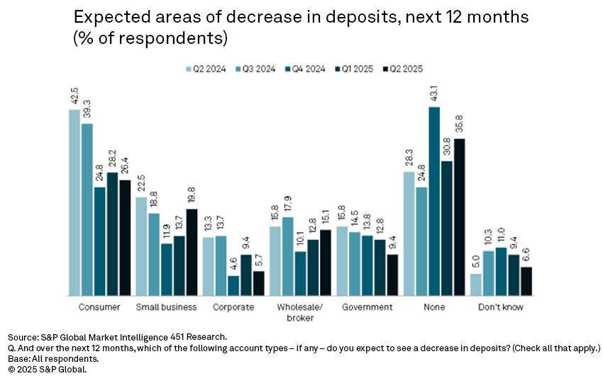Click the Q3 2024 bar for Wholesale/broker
coord(287,256)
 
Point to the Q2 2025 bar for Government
coord(392,275)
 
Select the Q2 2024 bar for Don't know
coord(476,285)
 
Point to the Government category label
coord(367,307)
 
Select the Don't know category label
coord(501,307)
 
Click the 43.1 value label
coord(435,95)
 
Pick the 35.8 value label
coord(460,126)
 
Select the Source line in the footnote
coord(118,336)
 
